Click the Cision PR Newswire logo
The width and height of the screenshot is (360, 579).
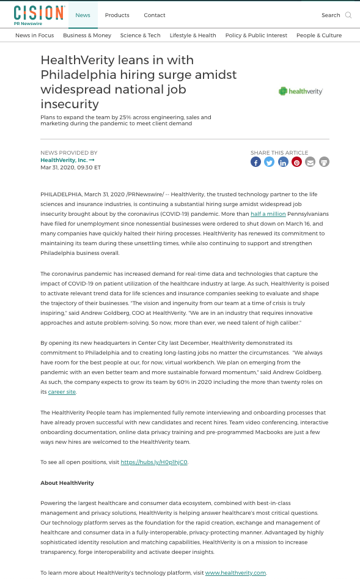(x=39, y=15)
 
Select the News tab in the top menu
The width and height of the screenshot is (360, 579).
(x=83, y=15)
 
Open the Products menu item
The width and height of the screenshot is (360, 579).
(x=117, y=15)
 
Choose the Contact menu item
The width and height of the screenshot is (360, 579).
(x=155, y=15)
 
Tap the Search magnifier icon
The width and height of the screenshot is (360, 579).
(x=348, y=15)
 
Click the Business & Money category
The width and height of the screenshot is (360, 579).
(x=87, y=35)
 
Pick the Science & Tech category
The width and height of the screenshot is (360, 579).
(x=141, y=35)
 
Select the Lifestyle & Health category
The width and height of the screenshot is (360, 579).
(x=193, y=35)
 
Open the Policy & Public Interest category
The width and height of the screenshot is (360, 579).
(x=256, y=35)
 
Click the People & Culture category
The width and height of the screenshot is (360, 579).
(x=319, y=35)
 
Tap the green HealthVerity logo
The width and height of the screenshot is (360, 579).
(x=300, y=91)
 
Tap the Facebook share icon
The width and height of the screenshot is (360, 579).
(x=255, y=162)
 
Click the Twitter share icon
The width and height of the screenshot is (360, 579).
(x=270, y=162)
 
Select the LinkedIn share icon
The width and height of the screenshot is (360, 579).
(x=283, y=162)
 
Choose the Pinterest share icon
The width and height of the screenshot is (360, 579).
(x=296, y=162)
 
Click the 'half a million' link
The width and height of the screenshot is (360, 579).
(x=268, y=214)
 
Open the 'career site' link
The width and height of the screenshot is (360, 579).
(x=62, y=392)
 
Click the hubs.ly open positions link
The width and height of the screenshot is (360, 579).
(x=154, y=462)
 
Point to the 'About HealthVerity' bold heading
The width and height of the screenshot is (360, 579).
(x=67, y=483)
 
